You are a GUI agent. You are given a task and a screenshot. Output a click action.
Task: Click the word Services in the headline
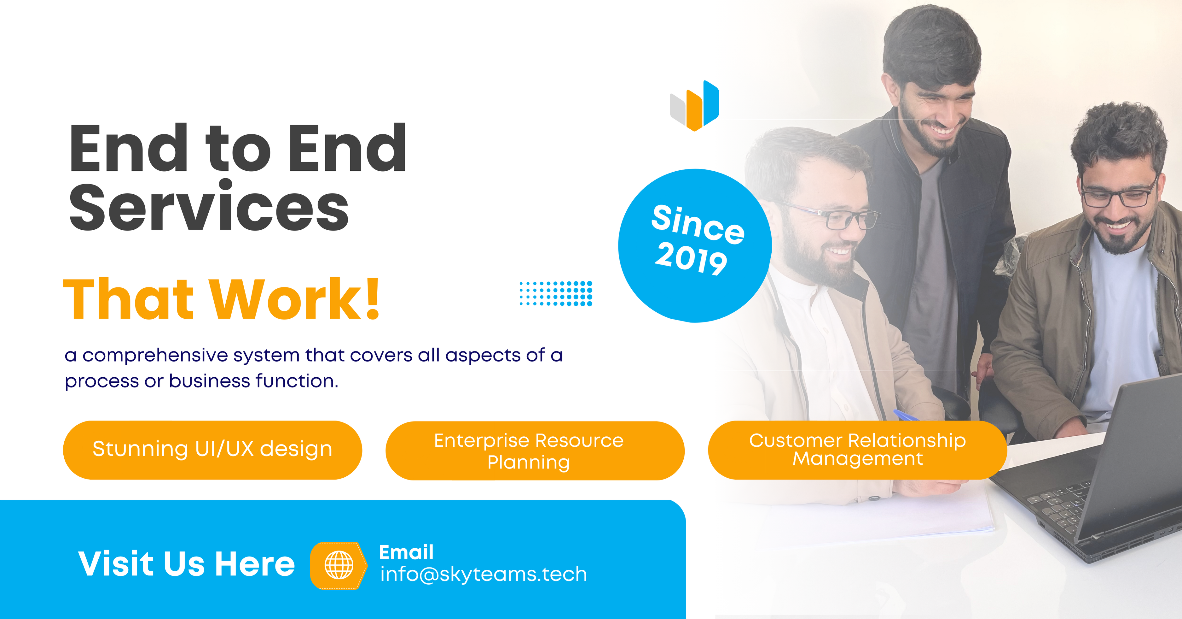(x=209, y=207)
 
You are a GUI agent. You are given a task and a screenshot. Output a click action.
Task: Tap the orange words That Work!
(x=222, y=299)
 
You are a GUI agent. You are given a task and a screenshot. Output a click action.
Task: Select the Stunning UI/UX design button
(x=212, y=450)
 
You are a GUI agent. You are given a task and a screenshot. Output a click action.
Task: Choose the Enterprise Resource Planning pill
(x=535, y=451)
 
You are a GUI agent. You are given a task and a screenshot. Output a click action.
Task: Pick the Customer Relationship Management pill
(x=858, y=450)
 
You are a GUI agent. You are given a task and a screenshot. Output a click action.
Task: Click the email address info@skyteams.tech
(x=484, y=574)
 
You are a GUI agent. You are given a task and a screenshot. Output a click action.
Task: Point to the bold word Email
(x=406, y=552)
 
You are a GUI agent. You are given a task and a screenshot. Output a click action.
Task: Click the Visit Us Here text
(x=186, y=563)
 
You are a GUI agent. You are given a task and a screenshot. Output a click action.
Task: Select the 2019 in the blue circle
(x=691, y=259)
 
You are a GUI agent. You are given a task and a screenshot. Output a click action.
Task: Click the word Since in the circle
(x=698, y=224)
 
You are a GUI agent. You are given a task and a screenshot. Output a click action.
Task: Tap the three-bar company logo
(x=694, y=106)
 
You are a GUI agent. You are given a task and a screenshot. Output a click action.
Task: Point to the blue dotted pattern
(x=556, y=293)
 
